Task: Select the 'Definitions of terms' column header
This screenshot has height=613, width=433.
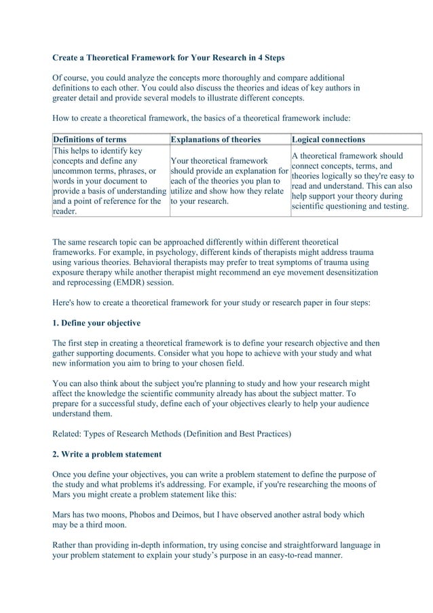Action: [x=90, y=139]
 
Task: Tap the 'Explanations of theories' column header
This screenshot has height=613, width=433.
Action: [x=216, y=139]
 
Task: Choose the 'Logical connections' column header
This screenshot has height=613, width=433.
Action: [x=328, y=139]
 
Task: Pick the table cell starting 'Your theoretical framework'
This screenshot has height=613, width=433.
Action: [x=229, y=181]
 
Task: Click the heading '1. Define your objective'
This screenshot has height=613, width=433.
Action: [x=96, y=322]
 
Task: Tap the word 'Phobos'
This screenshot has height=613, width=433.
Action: [x=149, y=515]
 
